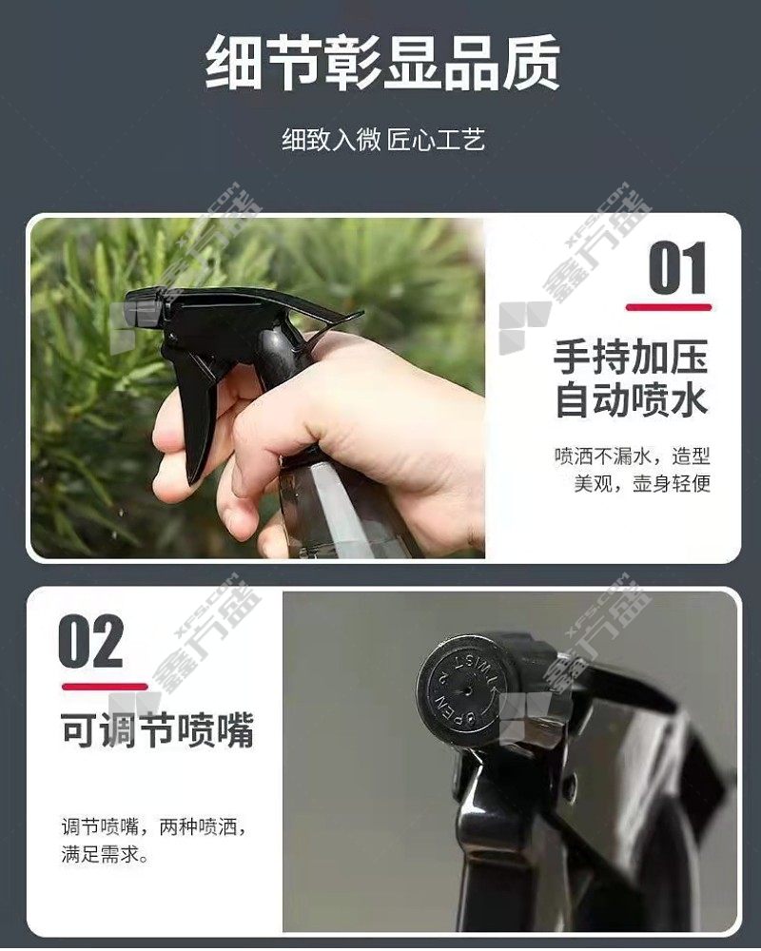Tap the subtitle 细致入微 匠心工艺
tap(383, 140)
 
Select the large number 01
tap(677, 267)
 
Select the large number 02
tap(91, 641)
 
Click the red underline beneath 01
tap(669, 307)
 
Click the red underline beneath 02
tap(105, 687)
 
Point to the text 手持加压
tap(631, 358)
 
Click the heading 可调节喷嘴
tap(157, 730)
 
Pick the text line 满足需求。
tap(105, 856)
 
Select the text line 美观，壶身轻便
tap(642, 483)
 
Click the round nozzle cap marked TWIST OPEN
tap(462, 682)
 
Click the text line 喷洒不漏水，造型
tap(632, 456)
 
